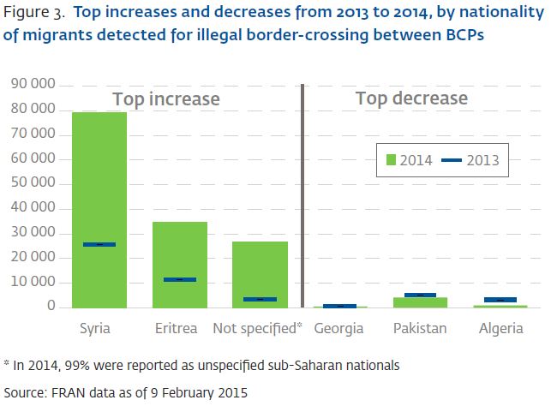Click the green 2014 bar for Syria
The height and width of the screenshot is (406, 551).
coord(99,171)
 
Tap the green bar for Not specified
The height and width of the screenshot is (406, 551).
coord(261,266)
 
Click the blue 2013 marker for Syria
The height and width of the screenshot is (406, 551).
coord(99,245)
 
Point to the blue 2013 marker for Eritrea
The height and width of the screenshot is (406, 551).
coord(180,279)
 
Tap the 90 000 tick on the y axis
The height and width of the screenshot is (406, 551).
coord(33,85)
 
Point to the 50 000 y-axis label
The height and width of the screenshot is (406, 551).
coord(33,183)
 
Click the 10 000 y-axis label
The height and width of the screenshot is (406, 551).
coord(33,282)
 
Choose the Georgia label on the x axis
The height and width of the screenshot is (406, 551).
coord(338,329)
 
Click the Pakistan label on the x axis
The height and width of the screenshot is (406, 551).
coord(420,329)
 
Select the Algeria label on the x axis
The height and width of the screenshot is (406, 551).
coord(500,329)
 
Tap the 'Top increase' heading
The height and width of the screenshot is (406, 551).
coord(166,99)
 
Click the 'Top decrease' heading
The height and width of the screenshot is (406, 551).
coord(411,99)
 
